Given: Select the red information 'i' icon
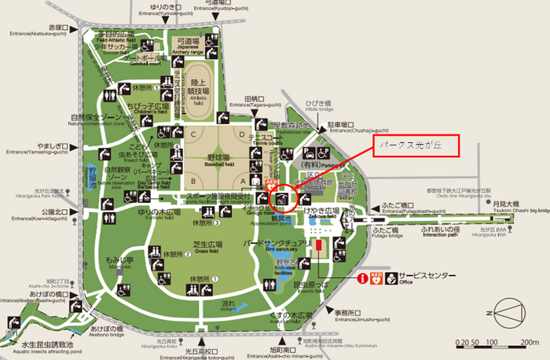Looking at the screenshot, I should click(363, 278).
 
